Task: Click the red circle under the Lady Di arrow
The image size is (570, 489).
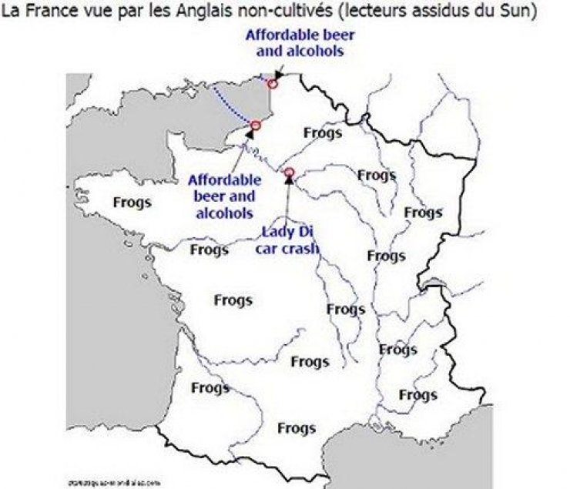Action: [x=289, y=172]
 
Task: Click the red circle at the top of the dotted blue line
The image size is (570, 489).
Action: [x=272, y=83]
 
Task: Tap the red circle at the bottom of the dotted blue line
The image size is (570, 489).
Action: [x=256, y=125]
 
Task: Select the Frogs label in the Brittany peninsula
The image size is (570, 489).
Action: [x=132, y=203]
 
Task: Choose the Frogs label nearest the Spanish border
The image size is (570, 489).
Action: [x=297, y=428]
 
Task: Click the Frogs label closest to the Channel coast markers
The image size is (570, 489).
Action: [x=323, y=132]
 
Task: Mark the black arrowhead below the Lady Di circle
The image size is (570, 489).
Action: [x=289, y=181]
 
